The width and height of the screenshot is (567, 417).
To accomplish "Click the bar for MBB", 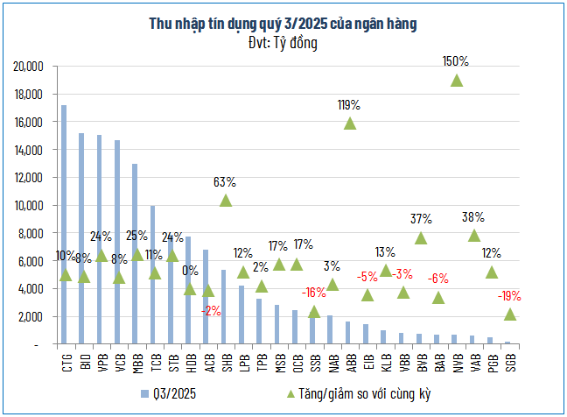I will point(135,254).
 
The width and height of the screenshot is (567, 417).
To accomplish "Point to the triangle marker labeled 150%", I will point(457,81).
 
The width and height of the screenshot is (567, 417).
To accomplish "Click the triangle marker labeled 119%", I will point(350,124).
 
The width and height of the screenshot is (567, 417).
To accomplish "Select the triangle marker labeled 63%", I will point(225,201).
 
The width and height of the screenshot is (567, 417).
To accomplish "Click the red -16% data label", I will point(314,292).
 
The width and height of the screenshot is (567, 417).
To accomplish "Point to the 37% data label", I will point(421,218).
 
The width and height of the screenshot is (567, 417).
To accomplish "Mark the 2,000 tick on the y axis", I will point(32,316).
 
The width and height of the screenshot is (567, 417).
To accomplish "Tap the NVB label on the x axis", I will point(456,362).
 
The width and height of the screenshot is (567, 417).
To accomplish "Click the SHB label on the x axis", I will point(225,362).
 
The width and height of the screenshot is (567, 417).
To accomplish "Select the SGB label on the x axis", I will point(509,362).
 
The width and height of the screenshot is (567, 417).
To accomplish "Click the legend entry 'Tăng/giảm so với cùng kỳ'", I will point(346,393).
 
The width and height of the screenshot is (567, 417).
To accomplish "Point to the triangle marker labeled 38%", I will point(474,236).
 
